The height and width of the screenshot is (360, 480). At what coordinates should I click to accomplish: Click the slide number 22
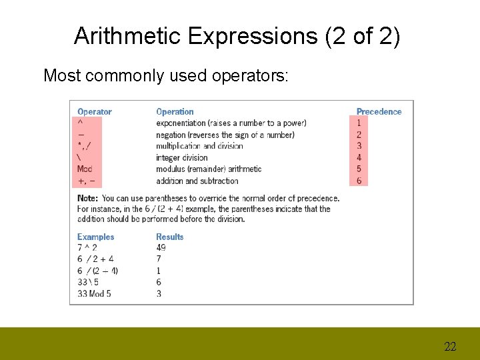[450, 347]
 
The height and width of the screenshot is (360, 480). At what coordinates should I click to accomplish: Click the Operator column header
[95, 112]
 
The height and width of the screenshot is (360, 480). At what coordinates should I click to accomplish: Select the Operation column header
[175, 112]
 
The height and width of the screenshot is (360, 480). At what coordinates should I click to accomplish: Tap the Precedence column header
[379, 112]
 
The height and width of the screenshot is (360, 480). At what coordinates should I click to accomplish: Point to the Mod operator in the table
[85, 169]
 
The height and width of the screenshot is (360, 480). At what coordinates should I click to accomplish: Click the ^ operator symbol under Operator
[80, 123]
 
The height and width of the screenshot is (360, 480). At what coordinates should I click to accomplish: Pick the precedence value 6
[359, 181]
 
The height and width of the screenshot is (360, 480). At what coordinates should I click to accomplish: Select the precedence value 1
[359, 123]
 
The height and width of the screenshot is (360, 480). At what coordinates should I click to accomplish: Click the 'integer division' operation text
[181, 158]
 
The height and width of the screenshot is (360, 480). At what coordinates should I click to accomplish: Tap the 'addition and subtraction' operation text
[197, 181]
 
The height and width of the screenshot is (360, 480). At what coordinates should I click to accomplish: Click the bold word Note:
[88, 198]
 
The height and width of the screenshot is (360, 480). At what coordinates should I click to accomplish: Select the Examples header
[95, 237]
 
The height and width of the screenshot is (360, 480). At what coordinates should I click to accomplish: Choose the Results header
[169, 237]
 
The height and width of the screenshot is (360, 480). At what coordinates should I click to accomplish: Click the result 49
[161, 248]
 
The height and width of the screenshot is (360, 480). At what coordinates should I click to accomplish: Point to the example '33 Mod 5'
[94, 293]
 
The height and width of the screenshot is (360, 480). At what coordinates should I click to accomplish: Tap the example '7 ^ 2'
[87, 248]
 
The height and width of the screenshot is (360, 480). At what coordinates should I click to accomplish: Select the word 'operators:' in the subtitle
[250, 76]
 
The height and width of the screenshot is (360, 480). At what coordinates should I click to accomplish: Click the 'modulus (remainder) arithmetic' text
[209, 169]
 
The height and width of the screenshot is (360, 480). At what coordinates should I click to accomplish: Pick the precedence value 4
[359, 158]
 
